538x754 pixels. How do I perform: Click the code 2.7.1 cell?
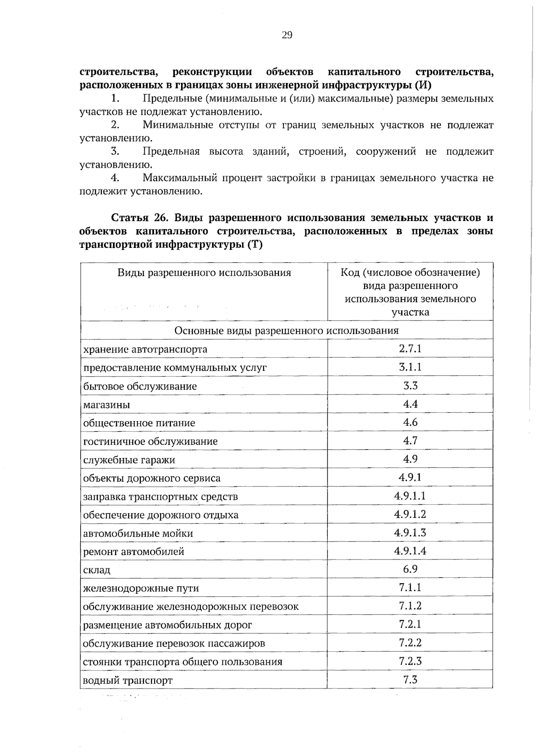coord(410,349)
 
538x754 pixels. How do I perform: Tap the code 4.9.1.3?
coord(410,533)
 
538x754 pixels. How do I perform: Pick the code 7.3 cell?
coord(410,680)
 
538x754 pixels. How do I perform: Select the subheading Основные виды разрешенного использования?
coord(286,331)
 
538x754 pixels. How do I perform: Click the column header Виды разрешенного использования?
coord(204,273)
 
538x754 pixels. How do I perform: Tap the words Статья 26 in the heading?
coord(139,218)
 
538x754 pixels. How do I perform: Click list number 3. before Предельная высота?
coord(115,152)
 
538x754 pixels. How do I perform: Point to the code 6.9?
coord(410,569)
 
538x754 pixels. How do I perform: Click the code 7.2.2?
coord(410,643)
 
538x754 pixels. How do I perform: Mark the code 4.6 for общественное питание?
coord(410,422)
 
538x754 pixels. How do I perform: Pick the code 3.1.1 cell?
coord(410,367)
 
